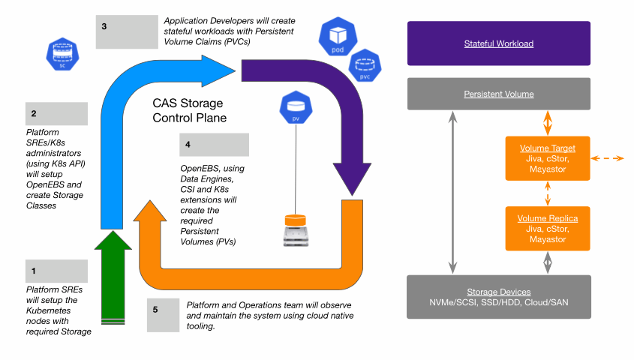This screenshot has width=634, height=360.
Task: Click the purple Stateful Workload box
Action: point(498,43)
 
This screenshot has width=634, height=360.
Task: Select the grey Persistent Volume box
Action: point(498,94)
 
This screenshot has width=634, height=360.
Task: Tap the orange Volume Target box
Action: point(547,157)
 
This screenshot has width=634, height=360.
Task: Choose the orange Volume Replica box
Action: point(547,228)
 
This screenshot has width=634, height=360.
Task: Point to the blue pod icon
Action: point(337,36)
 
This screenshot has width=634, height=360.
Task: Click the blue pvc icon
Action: point(365,66)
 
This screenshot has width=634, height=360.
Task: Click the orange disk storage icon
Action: point(295,230)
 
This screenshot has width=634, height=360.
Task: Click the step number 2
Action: point(33,114)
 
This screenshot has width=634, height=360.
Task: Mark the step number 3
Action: point(104,26)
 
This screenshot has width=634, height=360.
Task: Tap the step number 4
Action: point(188,144)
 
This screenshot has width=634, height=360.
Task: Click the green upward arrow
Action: point(111,277)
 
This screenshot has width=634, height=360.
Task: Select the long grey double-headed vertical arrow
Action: point(452,192)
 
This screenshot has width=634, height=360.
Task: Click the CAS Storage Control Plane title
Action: point(188,110)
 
